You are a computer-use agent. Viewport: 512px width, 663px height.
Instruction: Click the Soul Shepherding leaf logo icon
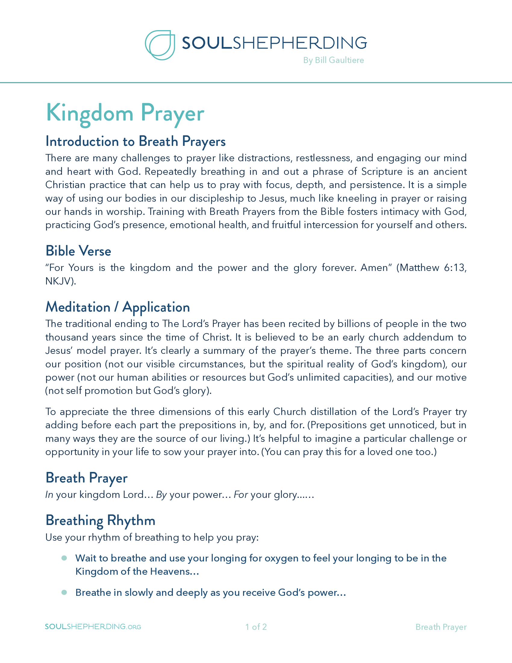160,45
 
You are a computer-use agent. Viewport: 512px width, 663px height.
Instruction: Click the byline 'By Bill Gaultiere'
333,60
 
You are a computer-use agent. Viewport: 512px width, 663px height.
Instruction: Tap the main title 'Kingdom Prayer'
125,113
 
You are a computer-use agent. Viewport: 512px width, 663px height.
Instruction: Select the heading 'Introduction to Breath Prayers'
135,141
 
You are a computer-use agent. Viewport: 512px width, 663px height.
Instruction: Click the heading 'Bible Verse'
78,251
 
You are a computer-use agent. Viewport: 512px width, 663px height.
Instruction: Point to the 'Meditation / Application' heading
118,307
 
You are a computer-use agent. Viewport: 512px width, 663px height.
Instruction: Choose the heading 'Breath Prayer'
86,478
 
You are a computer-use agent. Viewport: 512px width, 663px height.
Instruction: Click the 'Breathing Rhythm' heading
100,521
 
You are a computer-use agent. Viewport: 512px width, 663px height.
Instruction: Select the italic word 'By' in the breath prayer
161,495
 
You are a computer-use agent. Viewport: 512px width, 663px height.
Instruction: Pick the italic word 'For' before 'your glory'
241,495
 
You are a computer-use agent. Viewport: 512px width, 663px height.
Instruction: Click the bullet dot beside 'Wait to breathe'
64,558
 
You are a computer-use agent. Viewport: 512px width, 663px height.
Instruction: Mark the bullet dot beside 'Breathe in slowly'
64,592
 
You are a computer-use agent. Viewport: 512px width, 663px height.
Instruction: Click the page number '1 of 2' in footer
256,627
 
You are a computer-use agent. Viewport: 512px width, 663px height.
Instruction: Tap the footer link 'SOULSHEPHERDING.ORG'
93,627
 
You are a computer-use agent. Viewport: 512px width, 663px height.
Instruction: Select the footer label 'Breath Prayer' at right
441,627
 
